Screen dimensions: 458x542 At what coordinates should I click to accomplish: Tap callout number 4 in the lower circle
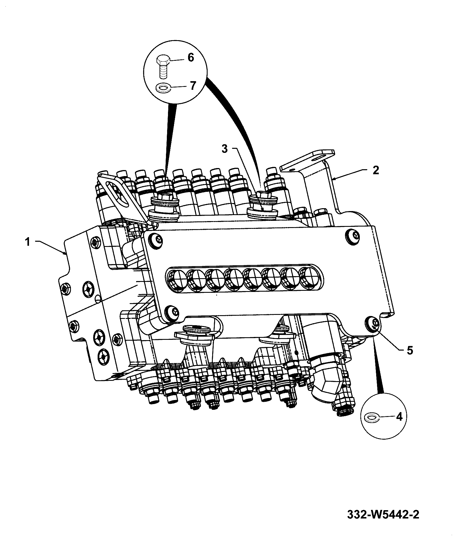(x=399, y=417)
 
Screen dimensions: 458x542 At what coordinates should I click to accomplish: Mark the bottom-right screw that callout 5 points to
(x=372, y=324)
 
